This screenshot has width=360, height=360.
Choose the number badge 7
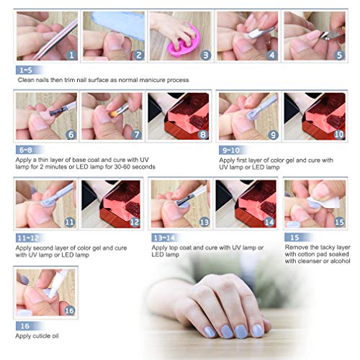(x=137, y=135)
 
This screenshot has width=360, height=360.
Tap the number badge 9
(x=273, y=135)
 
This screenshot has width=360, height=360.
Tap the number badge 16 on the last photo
(x=69, y=310)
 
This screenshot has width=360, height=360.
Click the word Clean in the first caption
(x=27, y=80)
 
